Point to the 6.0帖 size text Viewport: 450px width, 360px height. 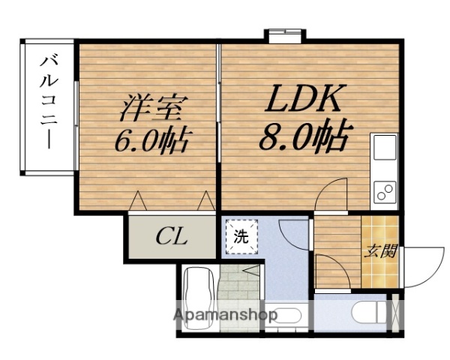coord(152,140)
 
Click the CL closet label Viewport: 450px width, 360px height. coord(172,239)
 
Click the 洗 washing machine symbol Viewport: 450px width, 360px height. coord(240,238)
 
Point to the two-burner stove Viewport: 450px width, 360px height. coord(385,192)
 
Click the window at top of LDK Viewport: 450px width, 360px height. coord(285,34)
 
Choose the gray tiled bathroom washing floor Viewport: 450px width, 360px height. coord(241,289)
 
